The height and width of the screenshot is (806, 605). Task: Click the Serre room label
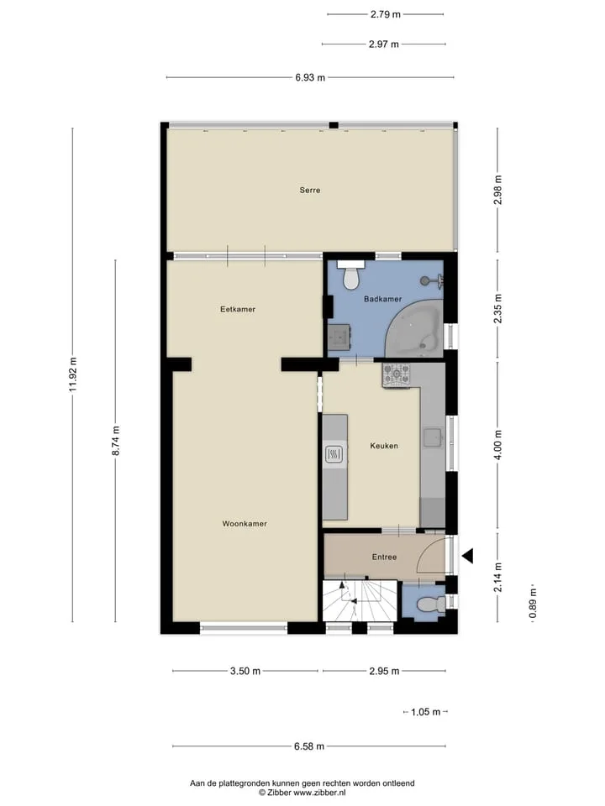[310, 191]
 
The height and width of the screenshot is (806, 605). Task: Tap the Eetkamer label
[238, 310]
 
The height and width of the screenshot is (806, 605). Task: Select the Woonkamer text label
[245, 524]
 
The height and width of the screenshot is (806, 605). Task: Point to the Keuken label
[384, 446]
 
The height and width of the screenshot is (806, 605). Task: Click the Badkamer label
[383, 299]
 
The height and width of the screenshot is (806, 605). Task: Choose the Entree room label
[384, 557]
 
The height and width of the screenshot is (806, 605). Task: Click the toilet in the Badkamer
[351, 275]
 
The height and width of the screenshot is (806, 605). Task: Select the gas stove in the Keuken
[396, 375]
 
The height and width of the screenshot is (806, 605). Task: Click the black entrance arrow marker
[467, 556]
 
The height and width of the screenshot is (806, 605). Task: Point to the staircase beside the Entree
[360, 601]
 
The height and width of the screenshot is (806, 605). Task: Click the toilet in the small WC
[430, 604]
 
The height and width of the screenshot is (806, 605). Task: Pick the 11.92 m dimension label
[72, 374]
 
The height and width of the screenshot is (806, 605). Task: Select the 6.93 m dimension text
[310, 77]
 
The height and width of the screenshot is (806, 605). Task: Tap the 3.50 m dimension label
[245, 671]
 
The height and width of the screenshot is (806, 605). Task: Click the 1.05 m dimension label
[425, 712]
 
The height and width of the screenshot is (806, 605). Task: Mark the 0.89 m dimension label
[533, 604]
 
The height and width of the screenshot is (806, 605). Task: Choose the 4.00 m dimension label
[497, 445]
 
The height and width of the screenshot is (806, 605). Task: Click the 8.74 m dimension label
[116, 441]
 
